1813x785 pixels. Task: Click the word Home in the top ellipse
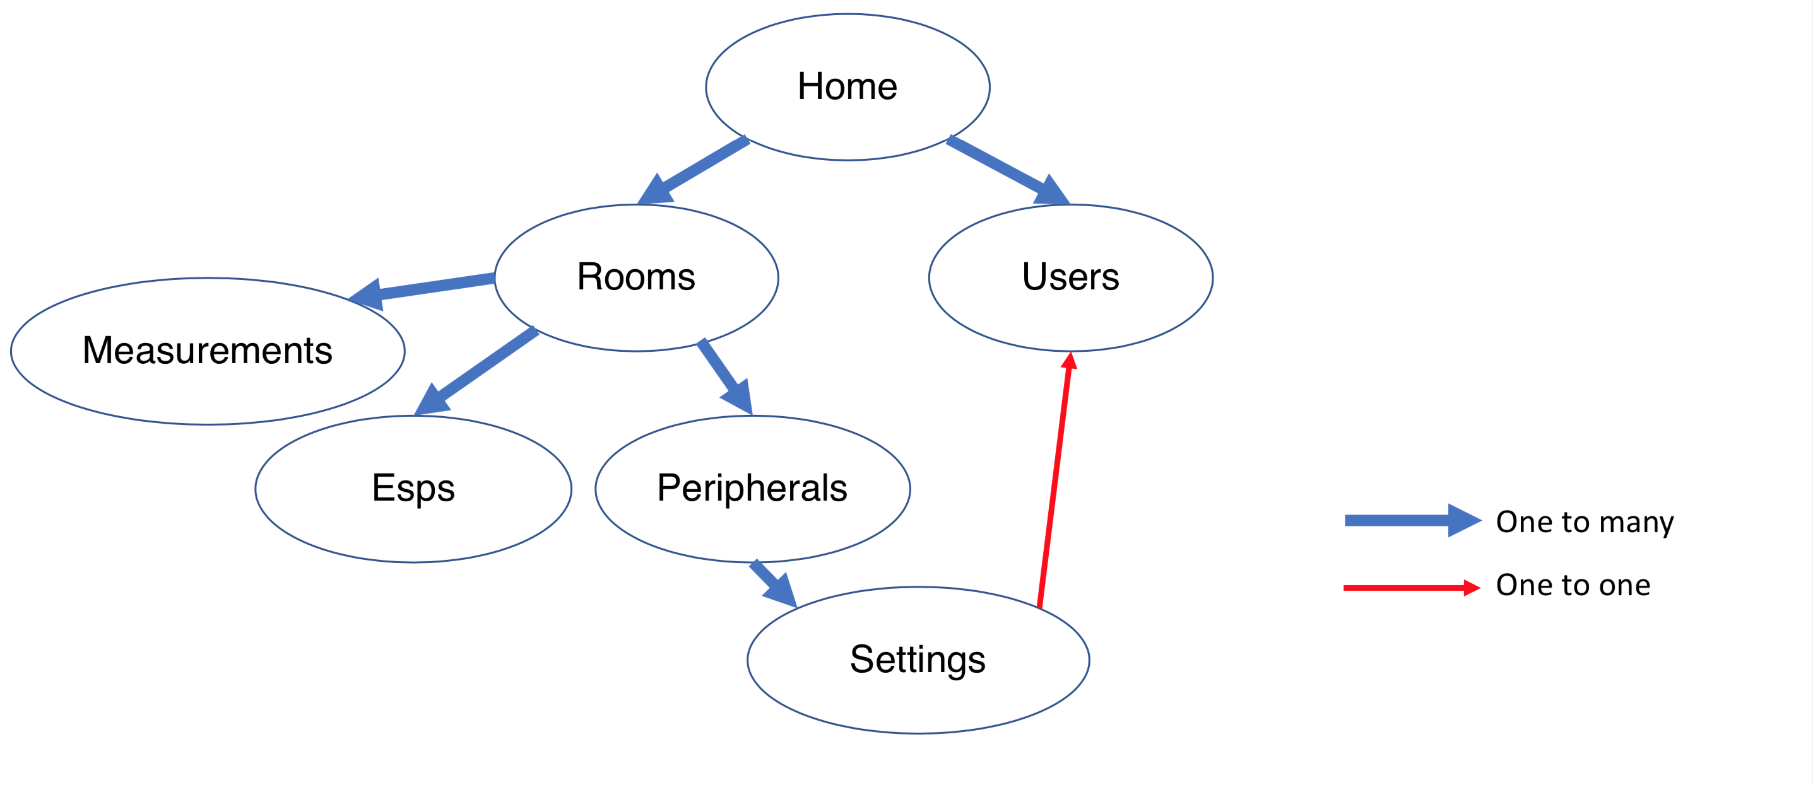[x=847, y=86]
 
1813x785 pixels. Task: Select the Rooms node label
[x=636, y=276]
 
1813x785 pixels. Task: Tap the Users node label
[x=1070, y=276]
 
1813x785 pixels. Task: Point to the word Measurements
[x=207, y=351]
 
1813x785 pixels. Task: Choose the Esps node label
[x=413, y=487]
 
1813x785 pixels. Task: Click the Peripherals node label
[x=752, y=487]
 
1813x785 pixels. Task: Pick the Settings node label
[x=918, y=659]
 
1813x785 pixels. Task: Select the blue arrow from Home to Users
[x=1003, y=168]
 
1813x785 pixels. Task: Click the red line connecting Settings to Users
[x=1054, y=486]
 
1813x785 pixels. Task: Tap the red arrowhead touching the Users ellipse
[x=1070, y=361]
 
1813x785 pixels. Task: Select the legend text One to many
[x=1585, y=522]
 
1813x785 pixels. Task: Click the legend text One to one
[x=1573, y=585]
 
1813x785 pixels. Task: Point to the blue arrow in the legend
[x=1408, y=521]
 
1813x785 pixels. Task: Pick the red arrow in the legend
[x=1408, y=588]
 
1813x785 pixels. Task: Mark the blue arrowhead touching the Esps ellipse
[x=428, y=402]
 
